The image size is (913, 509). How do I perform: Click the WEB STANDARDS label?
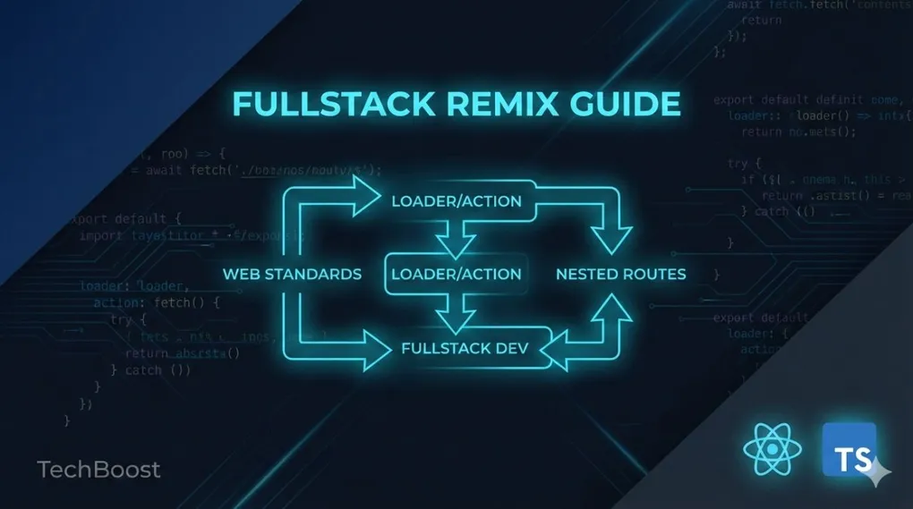point(292,274)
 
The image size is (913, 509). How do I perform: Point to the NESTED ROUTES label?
point(621,274)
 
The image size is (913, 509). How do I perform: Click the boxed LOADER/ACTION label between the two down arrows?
point(456,274)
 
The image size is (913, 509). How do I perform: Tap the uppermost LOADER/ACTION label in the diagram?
point(456,201)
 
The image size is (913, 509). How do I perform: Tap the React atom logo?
point(767,450)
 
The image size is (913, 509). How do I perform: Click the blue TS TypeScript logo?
point(848,450)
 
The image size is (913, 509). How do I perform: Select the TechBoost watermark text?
point(98,469)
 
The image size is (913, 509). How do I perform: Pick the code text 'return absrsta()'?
point(182,352)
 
